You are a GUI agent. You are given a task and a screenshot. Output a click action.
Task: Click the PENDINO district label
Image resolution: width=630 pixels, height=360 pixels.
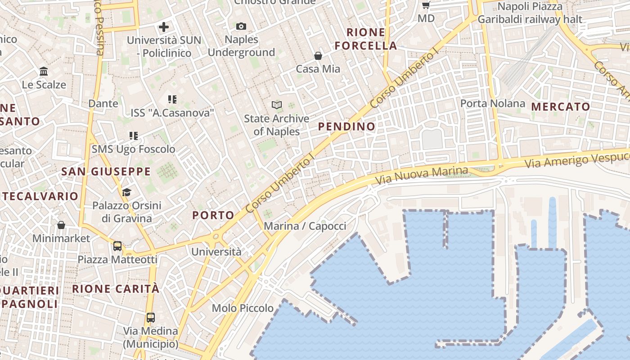pos(346,126)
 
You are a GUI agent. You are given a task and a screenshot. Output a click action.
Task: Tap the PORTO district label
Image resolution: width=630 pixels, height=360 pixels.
pos(213,215)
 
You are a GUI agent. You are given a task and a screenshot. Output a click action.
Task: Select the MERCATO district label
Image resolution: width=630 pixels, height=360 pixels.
pos(561,107)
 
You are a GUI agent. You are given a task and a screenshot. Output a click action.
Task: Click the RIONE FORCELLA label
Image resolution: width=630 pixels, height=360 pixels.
pos(366,39)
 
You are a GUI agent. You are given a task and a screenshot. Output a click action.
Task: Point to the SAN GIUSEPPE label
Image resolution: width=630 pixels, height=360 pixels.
pos(106,171)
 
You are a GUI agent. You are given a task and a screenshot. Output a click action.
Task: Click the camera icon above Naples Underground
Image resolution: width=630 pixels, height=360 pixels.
pos(241,27)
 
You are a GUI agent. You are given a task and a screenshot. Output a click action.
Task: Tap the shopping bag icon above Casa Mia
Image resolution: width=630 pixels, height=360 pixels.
pos(318,56)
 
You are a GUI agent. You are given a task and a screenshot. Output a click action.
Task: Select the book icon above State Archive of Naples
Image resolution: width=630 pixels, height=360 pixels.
pos(276,105)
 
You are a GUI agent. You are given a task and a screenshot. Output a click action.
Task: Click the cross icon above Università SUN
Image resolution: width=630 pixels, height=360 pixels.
pos(164,27)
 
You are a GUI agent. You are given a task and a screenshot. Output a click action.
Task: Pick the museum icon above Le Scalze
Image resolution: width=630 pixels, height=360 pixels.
pos(44,72)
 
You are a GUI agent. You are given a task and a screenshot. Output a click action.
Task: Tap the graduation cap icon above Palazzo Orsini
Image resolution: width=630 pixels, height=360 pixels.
pos(126,193)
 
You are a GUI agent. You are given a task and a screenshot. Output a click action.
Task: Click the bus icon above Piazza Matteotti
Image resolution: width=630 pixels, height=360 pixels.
pos(117,246)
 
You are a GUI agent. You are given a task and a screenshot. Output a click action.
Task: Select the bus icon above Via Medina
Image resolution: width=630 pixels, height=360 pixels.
pos(151,318)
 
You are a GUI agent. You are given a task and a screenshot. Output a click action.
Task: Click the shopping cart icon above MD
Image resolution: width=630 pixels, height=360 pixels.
pos(426,5)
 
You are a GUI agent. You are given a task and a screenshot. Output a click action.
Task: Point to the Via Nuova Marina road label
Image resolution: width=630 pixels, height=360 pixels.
pos(422,175)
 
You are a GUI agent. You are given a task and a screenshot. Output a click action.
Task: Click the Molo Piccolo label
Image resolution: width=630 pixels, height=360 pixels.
pos(243,308)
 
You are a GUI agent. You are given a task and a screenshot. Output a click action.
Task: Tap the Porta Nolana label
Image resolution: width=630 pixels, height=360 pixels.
pos(492,103)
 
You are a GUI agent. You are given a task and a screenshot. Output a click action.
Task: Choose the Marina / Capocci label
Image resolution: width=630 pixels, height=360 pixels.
pos(305,226)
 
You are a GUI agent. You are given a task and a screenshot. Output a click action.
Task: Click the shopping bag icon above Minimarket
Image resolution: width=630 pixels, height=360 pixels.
pos(61,225)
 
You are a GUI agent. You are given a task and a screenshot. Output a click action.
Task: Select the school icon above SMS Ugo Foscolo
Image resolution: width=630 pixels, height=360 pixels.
pos(133,135)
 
